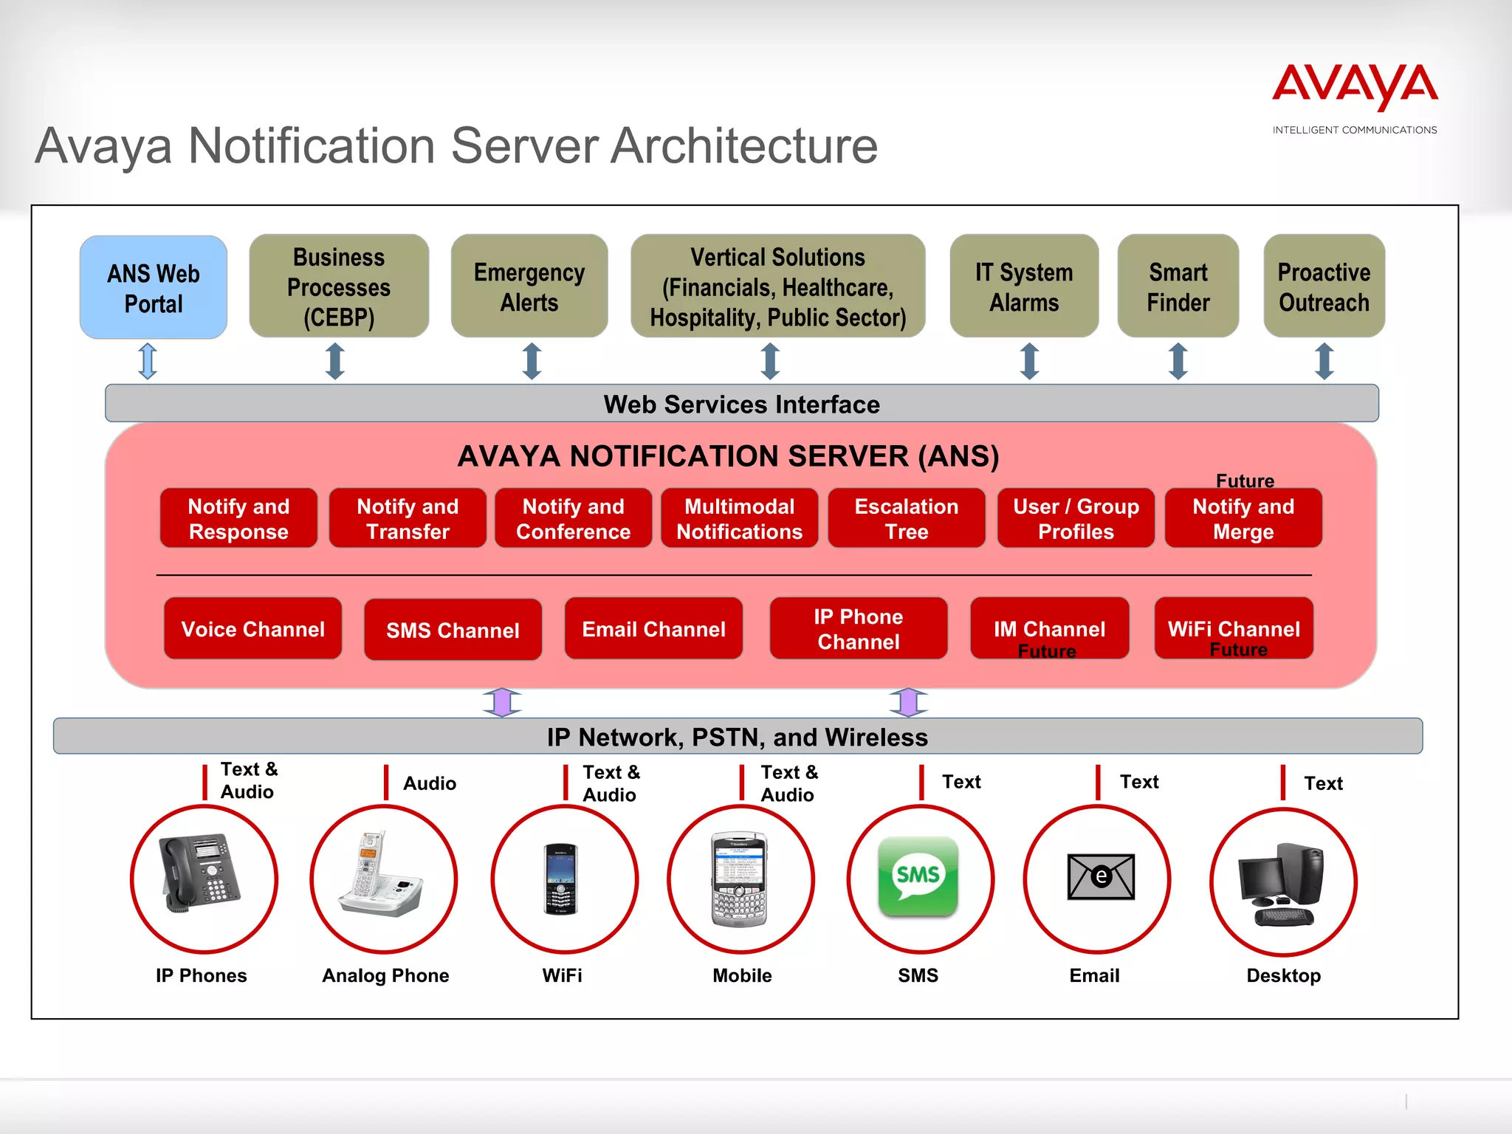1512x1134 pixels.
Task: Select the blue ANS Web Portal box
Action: (x=154, y=288)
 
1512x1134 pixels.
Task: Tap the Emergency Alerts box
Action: (x=529, y=286)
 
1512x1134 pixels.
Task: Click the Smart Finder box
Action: (x=1178, y=286)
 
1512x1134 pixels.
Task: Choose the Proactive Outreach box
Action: (x=1324, y=286)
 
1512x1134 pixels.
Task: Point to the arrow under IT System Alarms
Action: (x=1029, y=361)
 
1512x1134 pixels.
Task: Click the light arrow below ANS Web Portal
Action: (x=148, y=361)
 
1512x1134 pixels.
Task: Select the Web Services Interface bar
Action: (x=741, y=404)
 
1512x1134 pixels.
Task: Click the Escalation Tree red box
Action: (x=907, y=518)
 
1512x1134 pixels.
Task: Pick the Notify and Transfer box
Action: (x=408, y=518)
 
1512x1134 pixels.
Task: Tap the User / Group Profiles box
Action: (x=1076, y=518)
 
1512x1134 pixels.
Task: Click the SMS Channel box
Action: (x=453, y=630)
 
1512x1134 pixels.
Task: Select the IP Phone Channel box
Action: (x=858, y=629)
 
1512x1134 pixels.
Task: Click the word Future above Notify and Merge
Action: (x=1245, y=481)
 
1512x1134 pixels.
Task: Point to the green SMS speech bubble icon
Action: (x=918, y=876)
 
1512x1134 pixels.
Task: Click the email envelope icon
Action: (x=1101, y=876)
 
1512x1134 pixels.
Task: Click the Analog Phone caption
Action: (x=385, y=975)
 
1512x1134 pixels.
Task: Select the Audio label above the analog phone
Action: (x=430, y=783)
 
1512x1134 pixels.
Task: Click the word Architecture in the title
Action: (x=744, y=145)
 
